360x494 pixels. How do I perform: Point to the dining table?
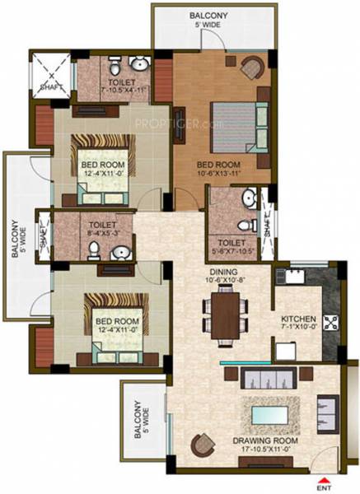coord(225,316)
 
